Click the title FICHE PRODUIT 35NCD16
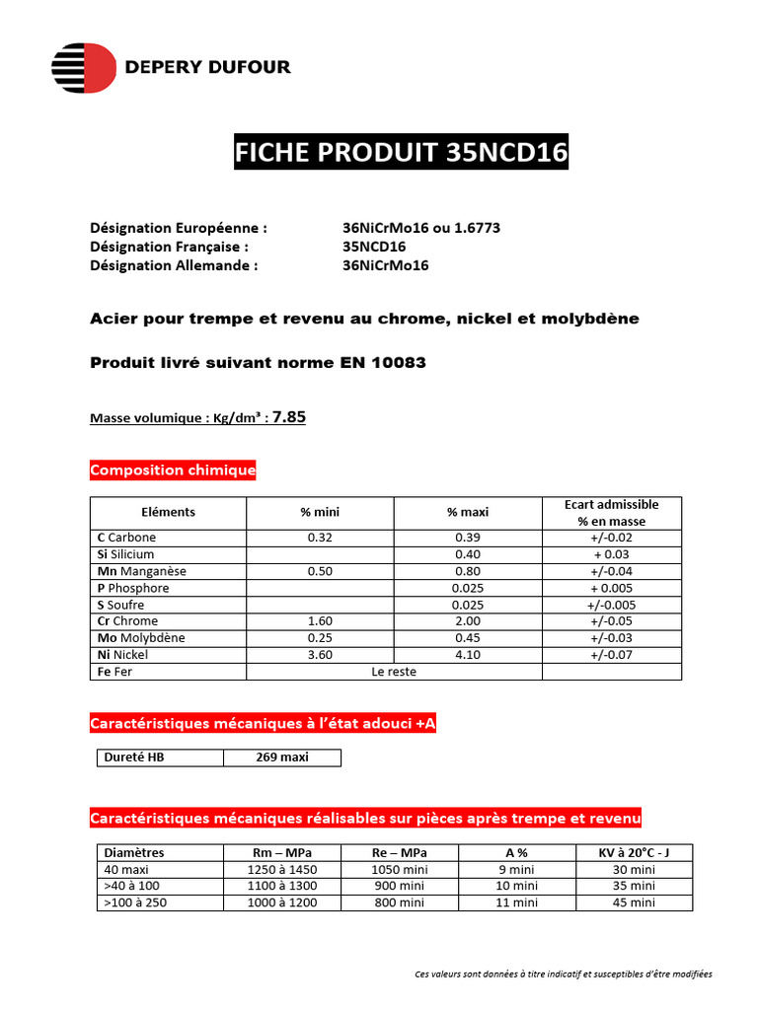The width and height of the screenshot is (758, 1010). (401, 154)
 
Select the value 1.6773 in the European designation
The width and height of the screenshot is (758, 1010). (478, 228)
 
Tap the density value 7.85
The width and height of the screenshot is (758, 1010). (289, 417)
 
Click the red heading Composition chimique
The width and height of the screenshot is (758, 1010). (173, 470)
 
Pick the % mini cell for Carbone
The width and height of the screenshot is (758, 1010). (320, 538)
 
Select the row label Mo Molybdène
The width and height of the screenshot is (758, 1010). (141, 638)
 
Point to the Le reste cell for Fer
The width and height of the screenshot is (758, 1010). (394, 672)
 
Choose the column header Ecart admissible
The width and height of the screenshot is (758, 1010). (611, 504)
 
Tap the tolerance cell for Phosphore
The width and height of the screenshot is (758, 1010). (612, 588)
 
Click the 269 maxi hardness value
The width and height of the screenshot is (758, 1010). (282, 757)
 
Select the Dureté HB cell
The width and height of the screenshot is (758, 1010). (130, 757)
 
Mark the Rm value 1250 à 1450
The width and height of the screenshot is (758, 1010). (282, 869)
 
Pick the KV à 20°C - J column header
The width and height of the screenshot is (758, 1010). (627, 852)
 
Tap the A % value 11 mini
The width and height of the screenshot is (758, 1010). (515, 902)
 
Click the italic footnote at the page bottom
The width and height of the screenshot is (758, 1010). (564, 974)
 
